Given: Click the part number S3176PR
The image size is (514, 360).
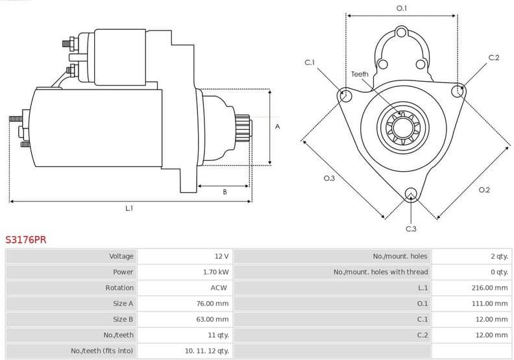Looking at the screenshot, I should (26, 239).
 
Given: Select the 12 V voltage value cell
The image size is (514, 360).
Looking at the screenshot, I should (221, 256).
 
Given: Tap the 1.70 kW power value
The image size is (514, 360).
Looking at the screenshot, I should (215, 272).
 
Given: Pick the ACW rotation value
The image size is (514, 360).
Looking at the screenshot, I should (219, 287).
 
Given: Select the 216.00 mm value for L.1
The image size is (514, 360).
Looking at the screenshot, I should (489, 287).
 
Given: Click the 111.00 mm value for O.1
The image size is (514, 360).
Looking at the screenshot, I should (489, 304).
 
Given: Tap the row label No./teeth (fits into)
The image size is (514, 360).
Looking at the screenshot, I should (102, 350).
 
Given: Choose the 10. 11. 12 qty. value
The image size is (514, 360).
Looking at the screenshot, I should (206, 350).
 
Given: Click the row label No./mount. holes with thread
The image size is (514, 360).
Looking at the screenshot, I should (380, 272).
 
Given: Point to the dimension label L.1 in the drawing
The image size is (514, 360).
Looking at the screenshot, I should (129, 208).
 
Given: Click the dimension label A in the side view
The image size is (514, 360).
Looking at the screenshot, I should (277, 126).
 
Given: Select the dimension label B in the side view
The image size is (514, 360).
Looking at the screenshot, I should (225, 192).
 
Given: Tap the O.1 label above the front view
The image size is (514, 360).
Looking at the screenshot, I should (402, 8).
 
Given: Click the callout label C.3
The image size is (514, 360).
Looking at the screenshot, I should (411, 228).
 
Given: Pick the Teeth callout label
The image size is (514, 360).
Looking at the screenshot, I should (360, 74).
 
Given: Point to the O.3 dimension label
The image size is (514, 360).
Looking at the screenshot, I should (329, 178).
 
